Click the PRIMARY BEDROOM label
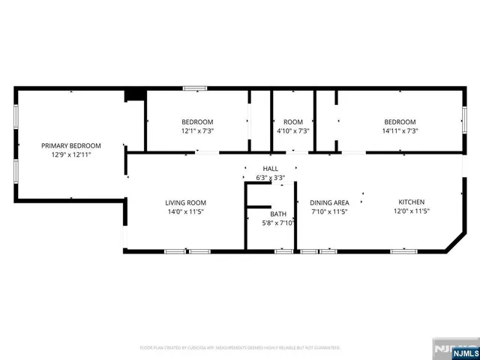click(71, 145)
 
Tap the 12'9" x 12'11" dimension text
click(71, 154)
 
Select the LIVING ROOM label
click(185, 202)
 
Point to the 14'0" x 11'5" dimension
click(185, 211)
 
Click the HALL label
click(270, 169)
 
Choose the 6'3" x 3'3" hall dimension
click(270, 178)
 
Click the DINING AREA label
click(330, 202)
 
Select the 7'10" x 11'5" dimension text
click(330, 211)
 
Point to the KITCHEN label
click(412, 202)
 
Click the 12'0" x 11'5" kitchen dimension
click(412, 211)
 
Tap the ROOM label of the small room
click(292, 122)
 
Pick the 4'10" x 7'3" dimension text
click(292, 131)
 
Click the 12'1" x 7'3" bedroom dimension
click(197, 131)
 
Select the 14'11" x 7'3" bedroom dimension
click(400, 131)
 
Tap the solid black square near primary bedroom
click(135, 94)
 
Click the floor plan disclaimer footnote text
click(240, 348)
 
